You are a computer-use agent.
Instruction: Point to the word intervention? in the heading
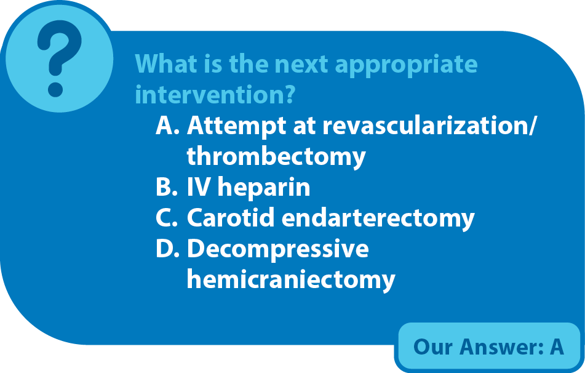click(215, 95)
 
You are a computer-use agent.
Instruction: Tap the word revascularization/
click(429, 126)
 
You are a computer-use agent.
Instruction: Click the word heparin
click(264, 188)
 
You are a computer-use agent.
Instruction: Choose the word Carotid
click(231, 217)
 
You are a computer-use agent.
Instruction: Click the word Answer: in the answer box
click(501, 347)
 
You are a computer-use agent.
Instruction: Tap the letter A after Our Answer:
click(557, 347)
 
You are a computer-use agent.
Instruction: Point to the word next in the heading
click(301, 65)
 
